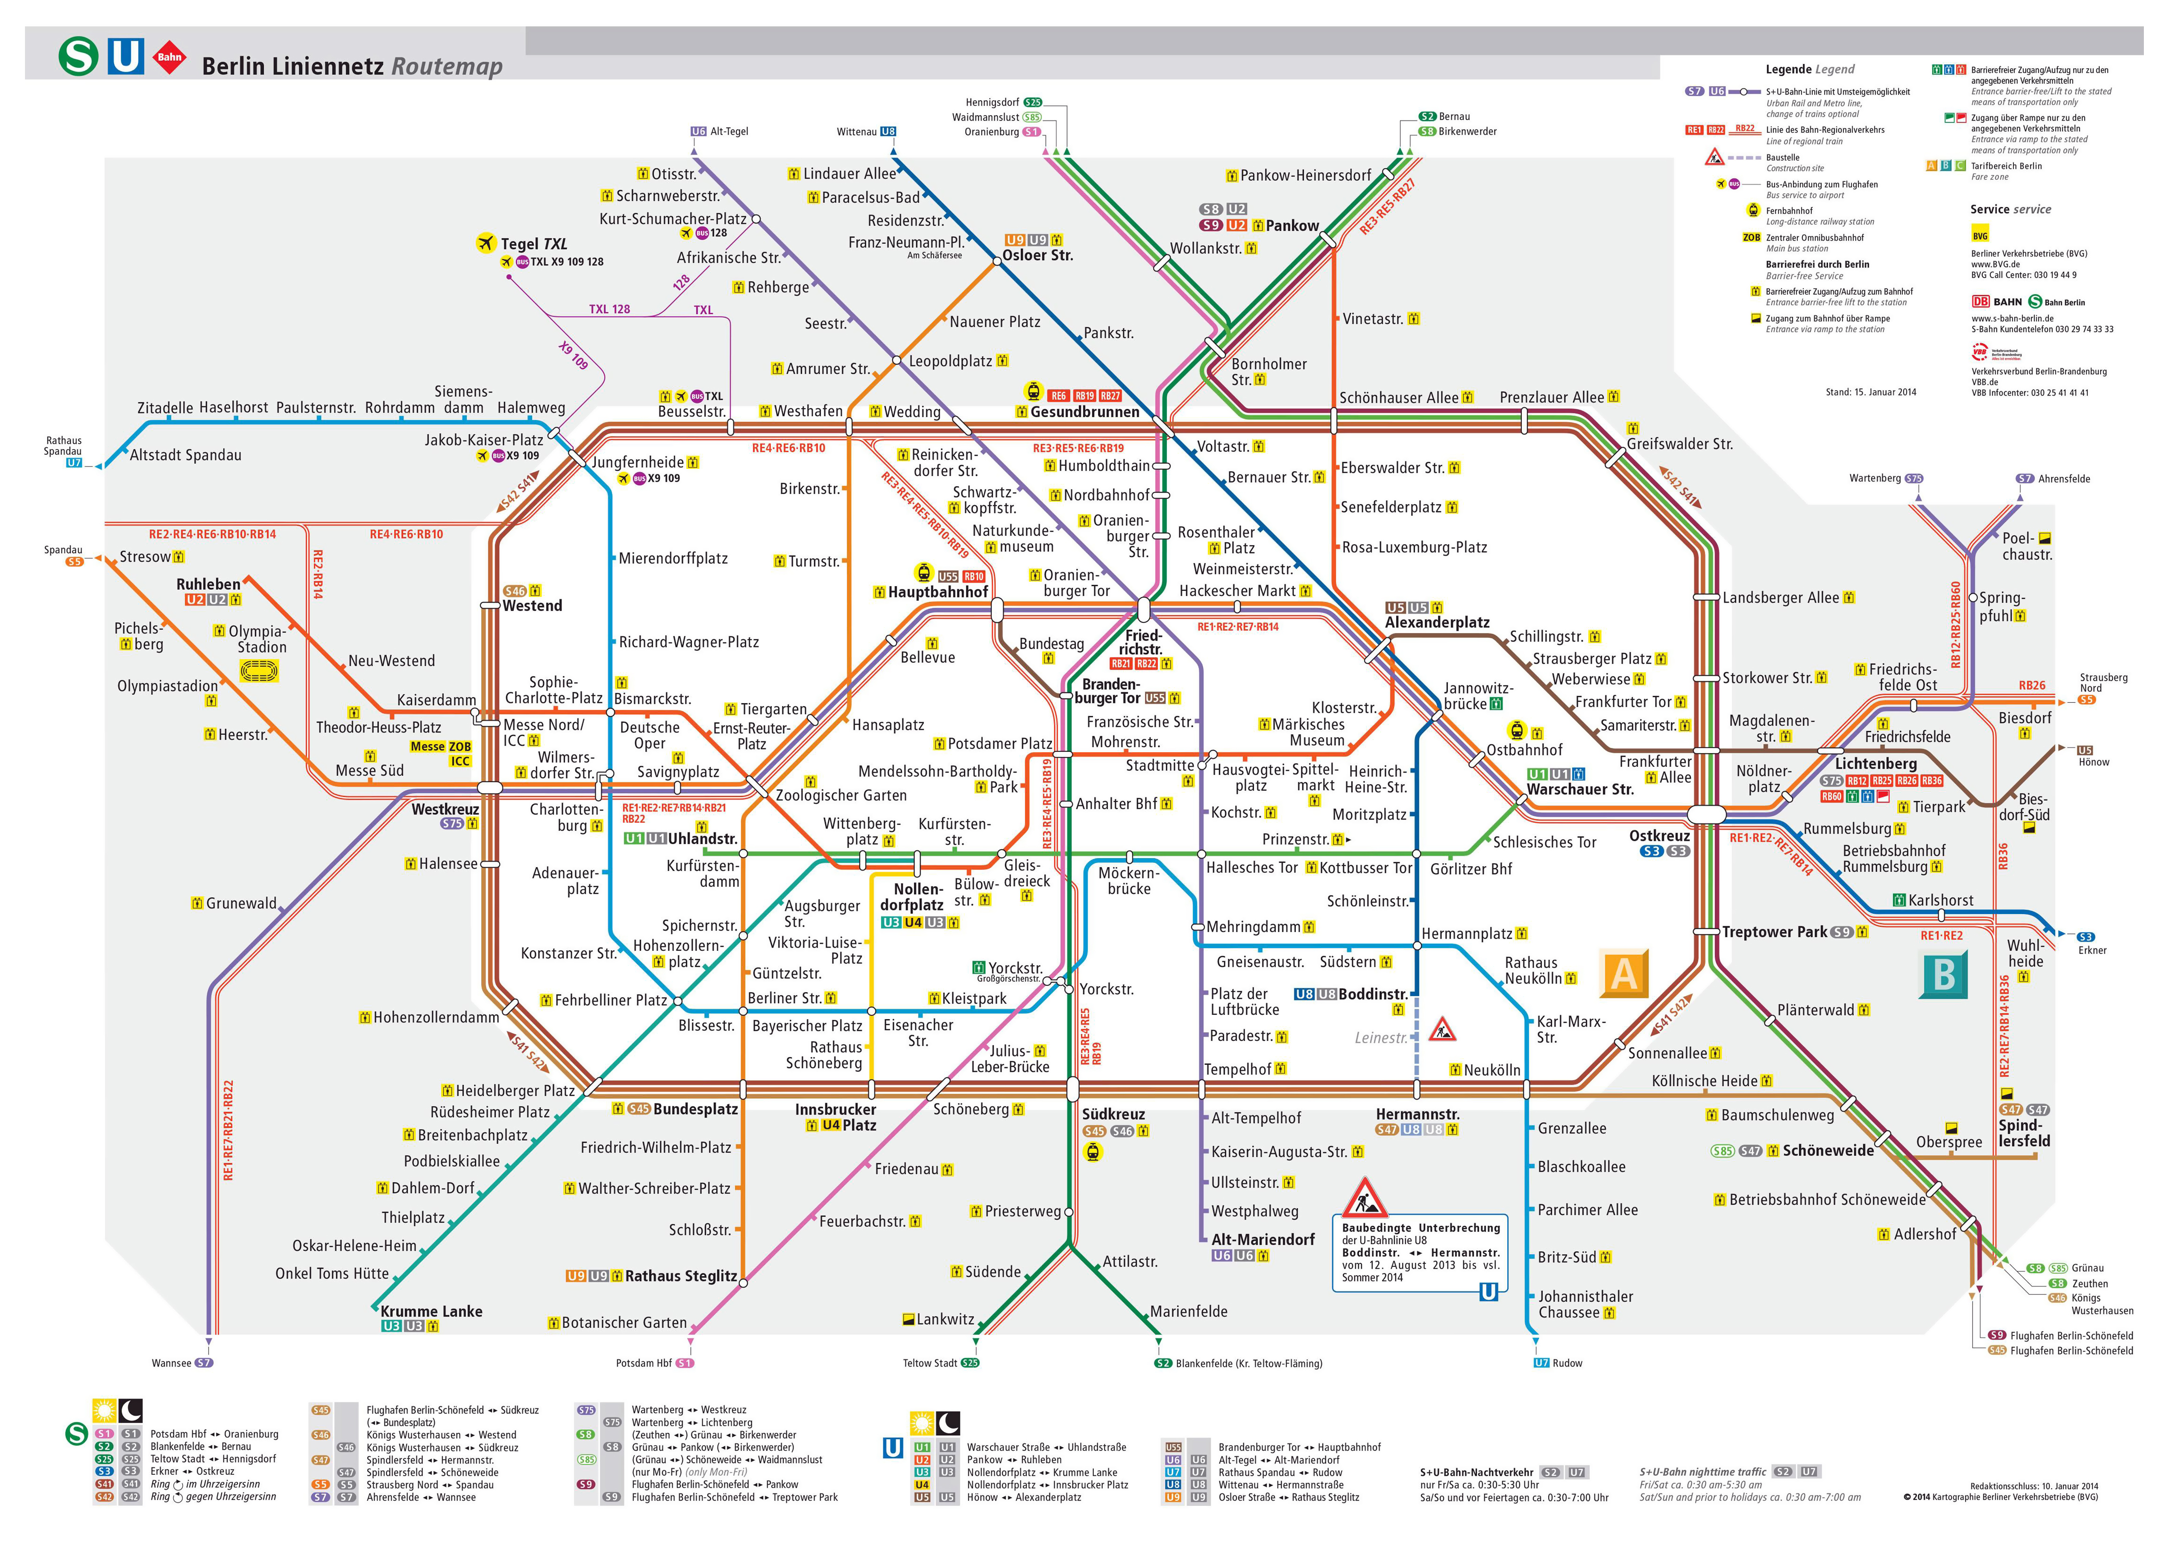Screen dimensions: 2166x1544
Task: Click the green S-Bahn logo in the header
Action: tap(78, 56)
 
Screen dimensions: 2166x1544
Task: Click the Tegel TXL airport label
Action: tap(533, 243)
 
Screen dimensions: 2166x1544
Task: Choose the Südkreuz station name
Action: tap(1114, 1114)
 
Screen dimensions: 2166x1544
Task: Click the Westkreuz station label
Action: tap(445, 809)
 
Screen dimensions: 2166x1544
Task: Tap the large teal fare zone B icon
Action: tap(1943, 974)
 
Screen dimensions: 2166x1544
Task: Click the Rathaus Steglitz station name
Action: tap(681, 1276)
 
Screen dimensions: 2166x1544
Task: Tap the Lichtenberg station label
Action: tap(1875, 764)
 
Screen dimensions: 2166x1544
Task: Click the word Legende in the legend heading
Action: tap(1787, 69)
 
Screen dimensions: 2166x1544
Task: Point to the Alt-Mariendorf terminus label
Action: tap(1263, 1240)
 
